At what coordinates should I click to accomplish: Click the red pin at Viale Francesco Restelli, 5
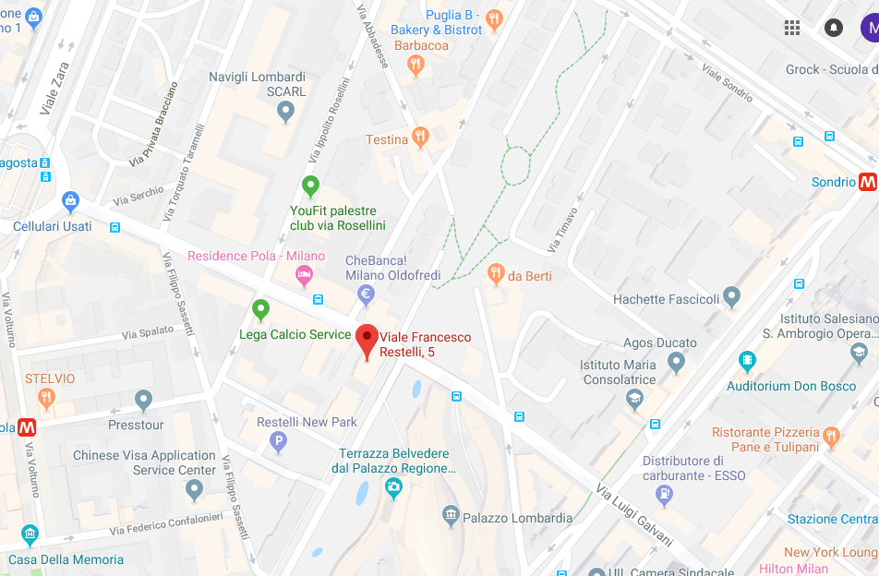click(x=367, y=339)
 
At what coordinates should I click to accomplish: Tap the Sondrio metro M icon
click(x=867, y=182)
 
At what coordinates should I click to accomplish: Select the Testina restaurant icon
click(x=421, y=138)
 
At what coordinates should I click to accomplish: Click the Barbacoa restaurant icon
click(x=415, y=64)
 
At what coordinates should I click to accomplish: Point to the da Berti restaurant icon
click(x=496, y=273)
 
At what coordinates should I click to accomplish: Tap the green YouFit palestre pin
click(x=311, y=186)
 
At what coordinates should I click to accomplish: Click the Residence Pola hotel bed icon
click(x=303, y=274)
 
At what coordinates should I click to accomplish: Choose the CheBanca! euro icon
click(x=366, y=295)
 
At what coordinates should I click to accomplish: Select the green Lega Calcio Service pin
click(x=260, y=309)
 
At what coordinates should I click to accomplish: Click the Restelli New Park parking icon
click(x=277, y=443)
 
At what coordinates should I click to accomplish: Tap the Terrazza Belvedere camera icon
click(x=393, y=486)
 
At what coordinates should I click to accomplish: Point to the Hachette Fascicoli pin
click(x=732, y=296)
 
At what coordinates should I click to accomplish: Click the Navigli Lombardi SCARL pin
click(x=285, y=112)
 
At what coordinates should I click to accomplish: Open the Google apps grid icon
click(x=792, y=28)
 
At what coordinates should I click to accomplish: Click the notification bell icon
click(x=834, y=28)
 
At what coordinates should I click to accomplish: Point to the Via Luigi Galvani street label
click(x=634, y=515)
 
